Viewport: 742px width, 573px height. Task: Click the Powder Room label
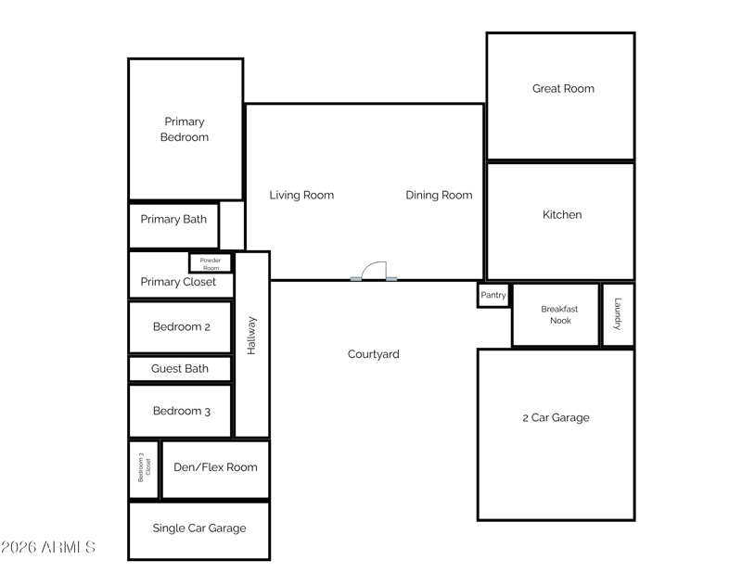pyautogui.click(x=211, y=264)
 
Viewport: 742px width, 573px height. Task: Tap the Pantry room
pyautogui.click(x=493, y=295)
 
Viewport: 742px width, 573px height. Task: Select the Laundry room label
pyautogui.click(x=618, y=313)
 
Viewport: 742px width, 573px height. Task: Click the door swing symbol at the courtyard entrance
pyautogui.click(x=374, y=271)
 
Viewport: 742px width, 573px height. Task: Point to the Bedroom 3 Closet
pyautogui.click(x=144, y=469)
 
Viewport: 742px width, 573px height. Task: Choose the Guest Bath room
pyautogui.click(x=180, y=369)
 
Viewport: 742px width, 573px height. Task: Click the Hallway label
pyautogui.click(x=251, y=336)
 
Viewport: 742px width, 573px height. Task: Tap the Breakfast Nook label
pyautogui.click(x=560, y=314)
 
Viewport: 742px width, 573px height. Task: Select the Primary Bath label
pyautogui.click(x=173, y=220)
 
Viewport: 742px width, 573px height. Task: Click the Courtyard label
pyautogui.click(x=374, y=354)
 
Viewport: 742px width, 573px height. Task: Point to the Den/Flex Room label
pyautogui.click(x=215, y=467)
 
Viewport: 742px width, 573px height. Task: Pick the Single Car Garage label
pyautogui.click(x=199, y=528)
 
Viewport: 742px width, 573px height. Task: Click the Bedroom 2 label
pyautogui.click(x=181, y=327)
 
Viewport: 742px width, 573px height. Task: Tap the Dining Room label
pyautogui.click(x=439, y=195)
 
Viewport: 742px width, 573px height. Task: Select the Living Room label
pyautogui.click(x=301, y=195)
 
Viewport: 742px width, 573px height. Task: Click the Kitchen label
pyautogui.click(x=562, y=215)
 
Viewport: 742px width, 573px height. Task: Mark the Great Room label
pyautogui.click(x=563, y=88)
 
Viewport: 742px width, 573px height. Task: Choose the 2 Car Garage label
pyautogui.click(x=556, y=418)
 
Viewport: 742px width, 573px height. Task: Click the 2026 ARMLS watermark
pyautogui.click(x=48, y=547)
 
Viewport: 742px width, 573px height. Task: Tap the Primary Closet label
pyautogui.click(x=178, y=282)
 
